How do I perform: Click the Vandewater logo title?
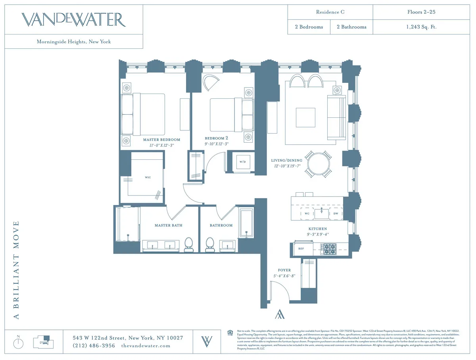74,19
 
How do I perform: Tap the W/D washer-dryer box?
242,162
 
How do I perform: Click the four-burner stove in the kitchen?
329,249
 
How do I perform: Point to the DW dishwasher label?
336,213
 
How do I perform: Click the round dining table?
318,164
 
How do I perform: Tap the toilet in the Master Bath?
189,244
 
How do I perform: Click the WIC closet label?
148,177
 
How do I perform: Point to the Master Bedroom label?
161,140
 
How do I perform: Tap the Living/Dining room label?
286,160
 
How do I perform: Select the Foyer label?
284,270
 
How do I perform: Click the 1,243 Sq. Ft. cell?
421,27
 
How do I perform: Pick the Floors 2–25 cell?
421,12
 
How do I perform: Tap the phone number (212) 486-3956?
94,345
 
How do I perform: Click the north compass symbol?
18,343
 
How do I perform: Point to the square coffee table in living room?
305,117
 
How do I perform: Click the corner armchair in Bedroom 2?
211,83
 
